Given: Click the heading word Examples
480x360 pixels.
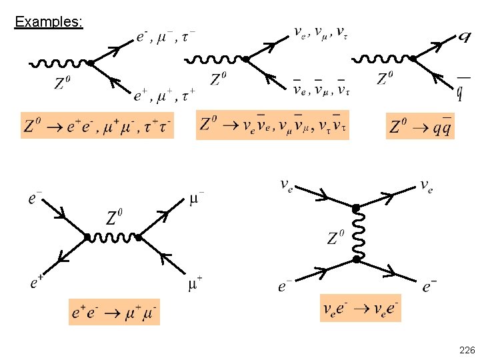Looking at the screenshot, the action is tap(49, 22).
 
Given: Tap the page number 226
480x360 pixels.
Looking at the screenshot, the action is tap(467, 350).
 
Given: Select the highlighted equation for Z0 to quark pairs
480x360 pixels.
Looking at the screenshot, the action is tap(421, 125).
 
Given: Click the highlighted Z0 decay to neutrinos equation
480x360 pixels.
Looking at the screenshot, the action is tap(273, 125).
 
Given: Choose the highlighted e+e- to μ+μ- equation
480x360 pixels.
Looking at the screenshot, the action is tap(114, 312).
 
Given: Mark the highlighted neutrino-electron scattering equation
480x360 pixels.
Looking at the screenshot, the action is tap(361, 308).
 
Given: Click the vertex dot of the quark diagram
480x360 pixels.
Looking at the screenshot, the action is tap(413, 59).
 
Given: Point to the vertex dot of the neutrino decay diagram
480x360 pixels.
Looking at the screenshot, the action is tap(245, 60).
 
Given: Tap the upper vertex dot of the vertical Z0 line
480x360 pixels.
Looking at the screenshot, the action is tap(356, 209).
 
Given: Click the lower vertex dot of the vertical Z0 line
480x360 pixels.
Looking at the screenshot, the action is tap(357, 258).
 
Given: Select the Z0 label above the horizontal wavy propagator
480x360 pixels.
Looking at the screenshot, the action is tap(114, 217).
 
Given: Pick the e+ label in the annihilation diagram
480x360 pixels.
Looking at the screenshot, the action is tap(37, 282).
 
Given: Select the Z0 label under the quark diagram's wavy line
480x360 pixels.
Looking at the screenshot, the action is tap(385, 79).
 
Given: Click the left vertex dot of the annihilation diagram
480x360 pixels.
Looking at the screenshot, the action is tap(87, 237).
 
